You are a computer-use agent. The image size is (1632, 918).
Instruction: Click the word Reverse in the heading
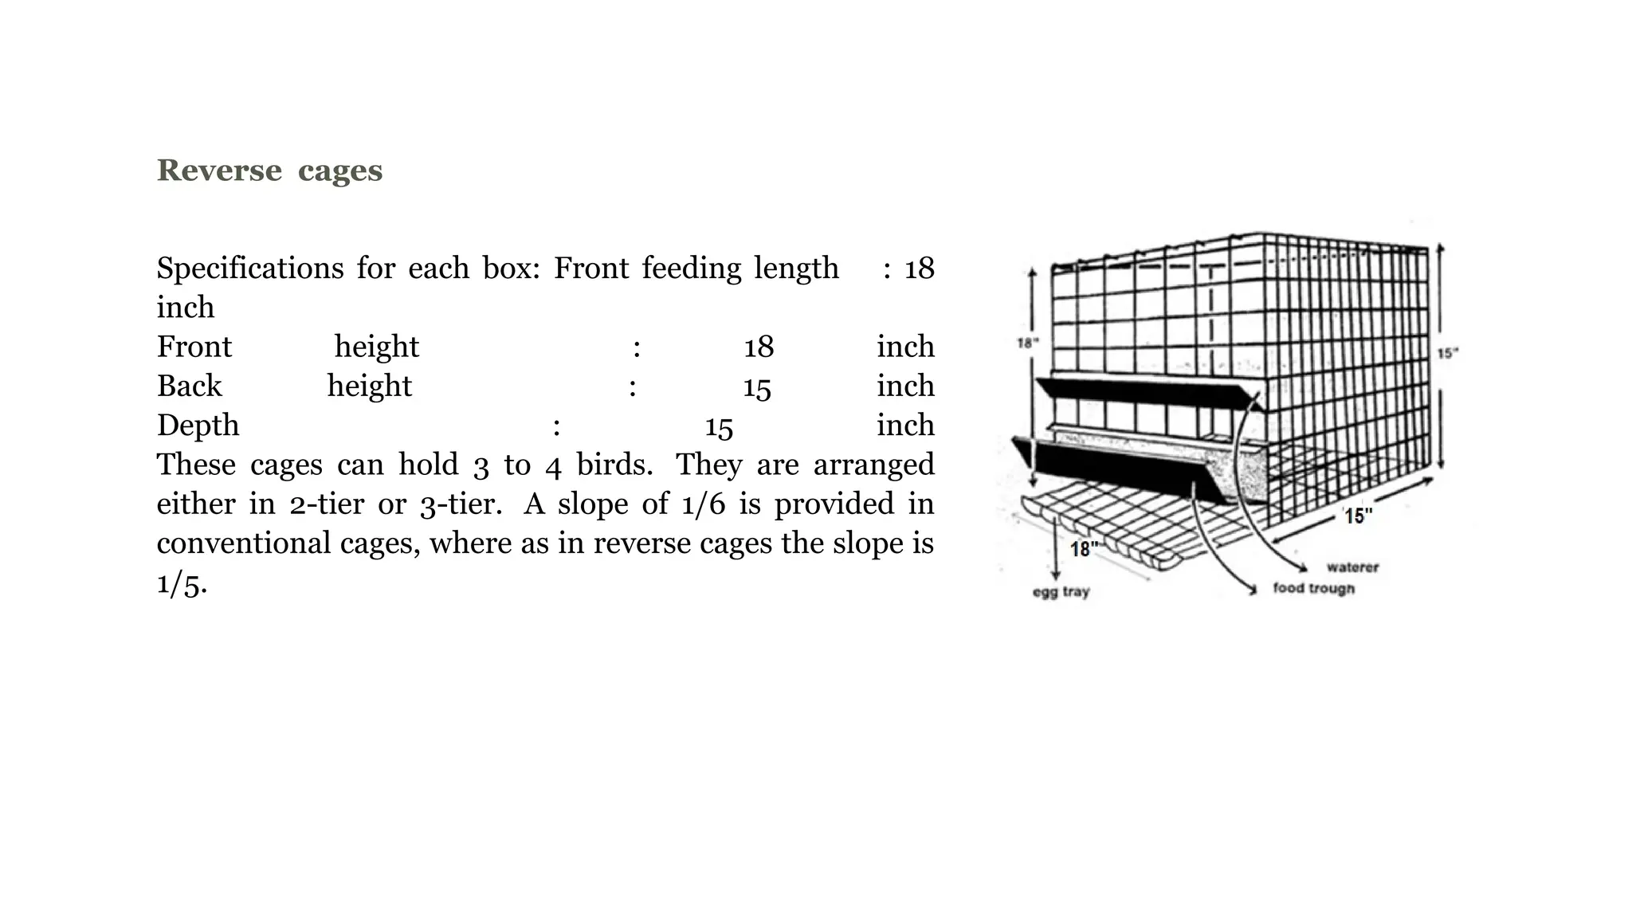[x=219, y=171]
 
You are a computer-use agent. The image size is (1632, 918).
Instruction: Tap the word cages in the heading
[x=340, y=171]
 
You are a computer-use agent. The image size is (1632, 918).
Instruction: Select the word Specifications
[x=249, y=269]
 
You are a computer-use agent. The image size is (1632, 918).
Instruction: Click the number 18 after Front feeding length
[x=919, y=269]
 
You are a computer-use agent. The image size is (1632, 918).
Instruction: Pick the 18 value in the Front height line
[x=759, y=347]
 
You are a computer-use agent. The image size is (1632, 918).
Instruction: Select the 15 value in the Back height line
[x=757, y=387]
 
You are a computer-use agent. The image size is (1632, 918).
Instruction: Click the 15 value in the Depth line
[x=719, y=426]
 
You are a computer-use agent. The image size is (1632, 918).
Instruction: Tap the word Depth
[x=198, y=426]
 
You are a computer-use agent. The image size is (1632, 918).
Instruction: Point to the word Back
[x=189, y=386]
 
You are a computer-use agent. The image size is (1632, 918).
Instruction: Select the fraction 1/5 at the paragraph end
[x=181, y=584]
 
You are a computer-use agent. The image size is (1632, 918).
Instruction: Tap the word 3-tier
[x=461, y=504]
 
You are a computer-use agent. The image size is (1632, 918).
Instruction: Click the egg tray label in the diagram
[x=1061, y=592]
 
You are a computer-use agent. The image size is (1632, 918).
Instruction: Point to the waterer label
[x=1352, y=567]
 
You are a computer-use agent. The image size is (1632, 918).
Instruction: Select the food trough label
[x=1313, y=589]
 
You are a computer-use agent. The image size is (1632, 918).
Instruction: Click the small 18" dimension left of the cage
[x=1027, y=343]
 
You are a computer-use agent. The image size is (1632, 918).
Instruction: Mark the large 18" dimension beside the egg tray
[x=1083, y=549]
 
